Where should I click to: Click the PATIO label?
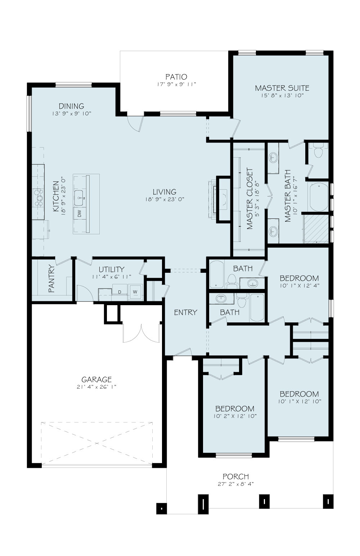point(176,77)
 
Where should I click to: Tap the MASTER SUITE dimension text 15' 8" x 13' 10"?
point(282,95)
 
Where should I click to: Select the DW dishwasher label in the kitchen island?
point(80,213)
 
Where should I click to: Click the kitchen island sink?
point(79,198)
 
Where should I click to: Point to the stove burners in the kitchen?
point(39,198)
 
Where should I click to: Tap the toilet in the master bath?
point(318,152)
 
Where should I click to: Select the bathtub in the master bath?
point(319,197)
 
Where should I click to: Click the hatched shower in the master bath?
point(316,229)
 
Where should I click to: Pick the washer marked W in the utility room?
point(135,291)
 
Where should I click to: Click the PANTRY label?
point(51,279)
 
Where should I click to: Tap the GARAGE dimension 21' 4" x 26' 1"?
point(96,387)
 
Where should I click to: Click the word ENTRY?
point(185,312)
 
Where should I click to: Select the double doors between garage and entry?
point(141,333)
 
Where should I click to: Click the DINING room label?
point(71,106)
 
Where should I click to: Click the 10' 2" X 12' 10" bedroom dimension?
point(235,416)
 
